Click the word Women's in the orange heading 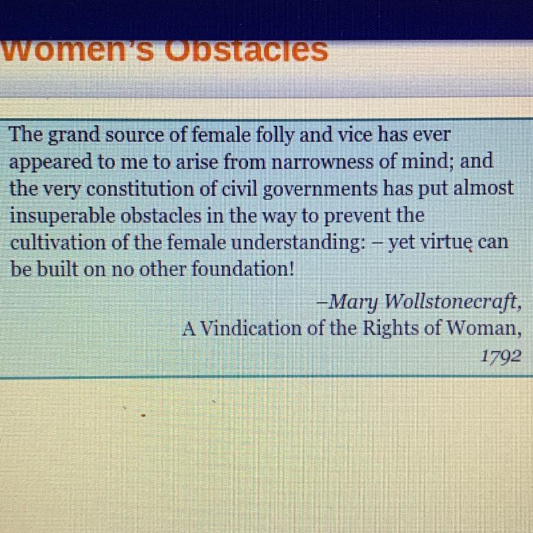click(77, 51)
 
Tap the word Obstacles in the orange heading click(246, 51)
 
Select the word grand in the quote click(74, 136)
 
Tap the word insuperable click(62, 216)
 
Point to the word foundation click(238, 270)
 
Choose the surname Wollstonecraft click(450, 301)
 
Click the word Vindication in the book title click(251, 329)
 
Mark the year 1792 click(501, 357)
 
